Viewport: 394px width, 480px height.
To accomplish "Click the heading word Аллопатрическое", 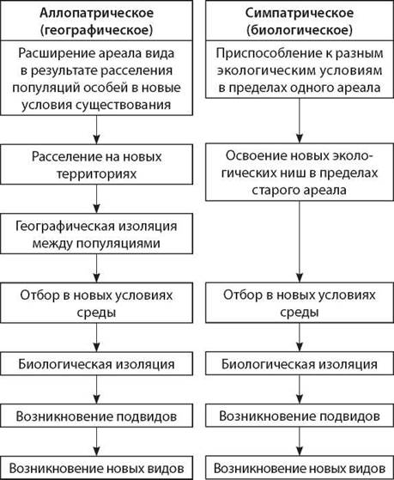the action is (96, 13).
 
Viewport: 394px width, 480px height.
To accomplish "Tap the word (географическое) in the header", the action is (96, 30).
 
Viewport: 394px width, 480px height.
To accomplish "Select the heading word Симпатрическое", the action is (300, 13).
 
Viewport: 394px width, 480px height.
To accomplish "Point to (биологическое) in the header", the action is (300, 30).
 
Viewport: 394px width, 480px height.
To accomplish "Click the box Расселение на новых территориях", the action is (96, 164).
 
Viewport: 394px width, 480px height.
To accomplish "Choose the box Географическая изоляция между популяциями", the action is (96, 234).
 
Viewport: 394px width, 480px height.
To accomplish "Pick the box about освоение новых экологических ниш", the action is (300, 173).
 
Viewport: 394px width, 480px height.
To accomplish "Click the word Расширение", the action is (56, 53).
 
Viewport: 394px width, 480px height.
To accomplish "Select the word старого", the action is (273, 190).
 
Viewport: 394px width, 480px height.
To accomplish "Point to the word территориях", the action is (96, 174).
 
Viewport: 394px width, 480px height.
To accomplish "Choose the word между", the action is (52, 244).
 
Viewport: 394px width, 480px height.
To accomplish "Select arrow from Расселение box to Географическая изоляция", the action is (96, 199).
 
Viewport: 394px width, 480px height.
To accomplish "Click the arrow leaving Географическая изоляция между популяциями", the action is (96, 268).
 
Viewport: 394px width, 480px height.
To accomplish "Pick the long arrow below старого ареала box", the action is (300, 241).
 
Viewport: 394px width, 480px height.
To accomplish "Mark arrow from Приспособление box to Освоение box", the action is (300, 120).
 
